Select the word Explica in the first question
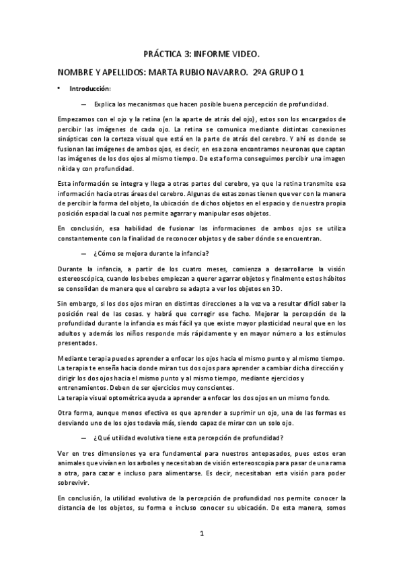click(106, 104)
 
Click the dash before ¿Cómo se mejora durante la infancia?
click(83, 254)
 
